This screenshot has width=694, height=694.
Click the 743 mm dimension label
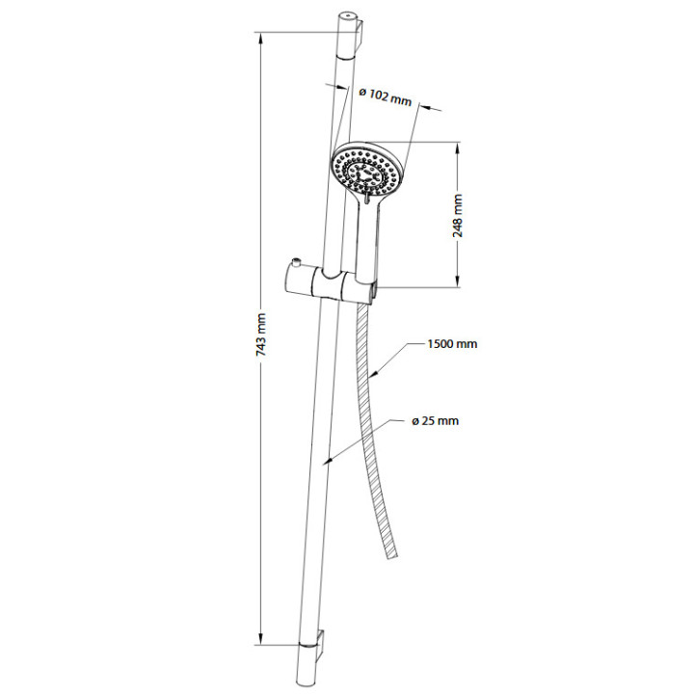[261, 335]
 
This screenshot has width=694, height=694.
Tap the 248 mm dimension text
[458, 216]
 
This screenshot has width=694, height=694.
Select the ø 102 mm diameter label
[385, 96]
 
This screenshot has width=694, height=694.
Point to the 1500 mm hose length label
[452, 344]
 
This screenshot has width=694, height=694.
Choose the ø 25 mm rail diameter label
[436, 420]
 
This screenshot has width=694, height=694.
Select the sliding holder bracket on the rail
[331, 284]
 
